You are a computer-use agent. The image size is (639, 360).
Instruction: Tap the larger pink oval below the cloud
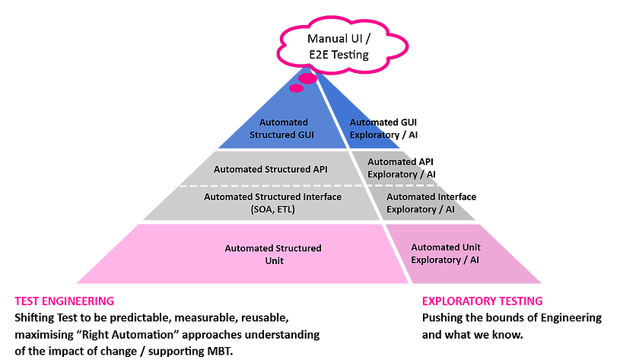(x=307, y=78)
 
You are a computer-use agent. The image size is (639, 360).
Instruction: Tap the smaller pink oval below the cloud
(x=297, y=88)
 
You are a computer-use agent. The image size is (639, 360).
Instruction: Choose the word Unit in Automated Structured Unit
(x=273, y=260)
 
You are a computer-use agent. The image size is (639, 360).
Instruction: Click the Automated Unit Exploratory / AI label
(x=446, y=253)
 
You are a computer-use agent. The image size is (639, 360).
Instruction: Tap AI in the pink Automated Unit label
(x=474, y=260)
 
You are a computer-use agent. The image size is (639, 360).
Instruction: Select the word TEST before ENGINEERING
(x=27, y=301)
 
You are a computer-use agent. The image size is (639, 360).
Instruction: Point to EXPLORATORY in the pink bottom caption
(x=454, y=301)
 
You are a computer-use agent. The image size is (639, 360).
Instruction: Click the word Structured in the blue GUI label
(x=275, y=135)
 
